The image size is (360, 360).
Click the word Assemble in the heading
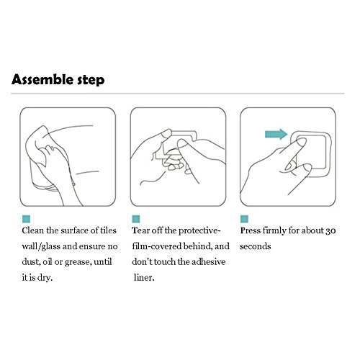42,79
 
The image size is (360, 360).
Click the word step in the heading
91,81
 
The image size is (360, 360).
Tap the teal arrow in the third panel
276,134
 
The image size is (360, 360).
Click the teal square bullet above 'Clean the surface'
26,219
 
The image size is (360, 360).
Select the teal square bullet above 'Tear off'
136,219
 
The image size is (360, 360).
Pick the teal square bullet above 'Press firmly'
244,219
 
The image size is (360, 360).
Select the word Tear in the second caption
140,230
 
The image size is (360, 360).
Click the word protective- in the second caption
199,231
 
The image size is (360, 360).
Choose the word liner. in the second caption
144,277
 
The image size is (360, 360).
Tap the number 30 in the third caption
330,231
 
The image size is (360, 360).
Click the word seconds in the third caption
256,246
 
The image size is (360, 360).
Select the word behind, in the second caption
198,246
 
